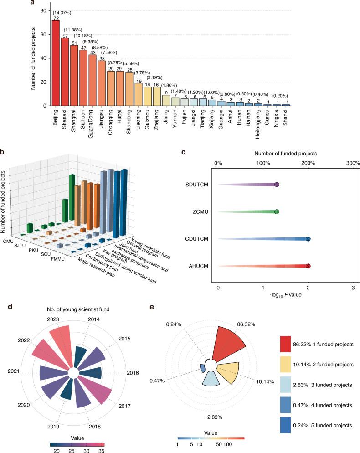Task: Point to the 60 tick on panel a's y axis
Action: tap(41, 34)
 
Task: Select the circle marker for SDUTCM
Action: tap(277, 185)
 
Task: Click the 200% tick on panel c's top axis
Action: tap(308, 163)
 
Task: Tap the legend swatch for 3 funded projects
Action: tap(289, 385)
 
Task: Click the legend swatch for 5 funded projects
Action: tap(289, 425)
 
